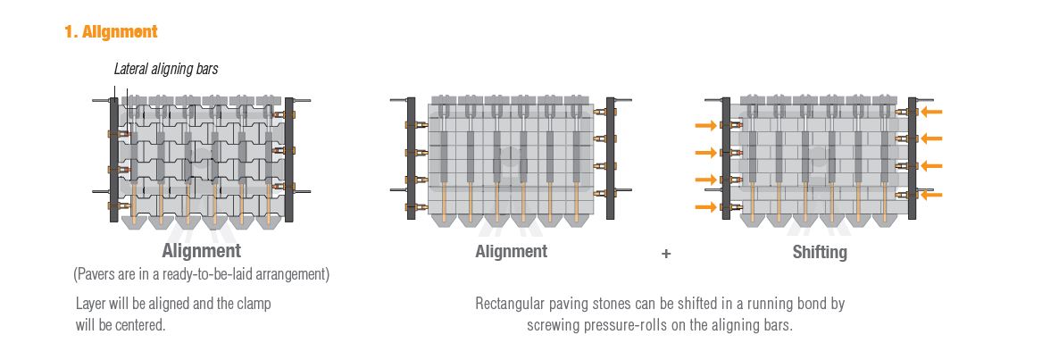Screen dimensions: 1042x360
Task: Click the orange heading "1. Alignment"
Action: click(111, 31)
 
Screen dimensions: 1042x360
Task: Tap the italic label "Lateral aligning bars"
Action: click(166, 69)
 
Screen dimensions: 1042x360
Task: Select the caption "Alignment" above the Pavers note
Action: click(202, 251)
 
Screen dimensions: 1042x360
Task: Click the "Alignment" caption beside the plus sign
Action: click(511, 252)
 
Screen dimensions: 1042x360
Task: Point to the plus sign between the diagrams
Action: click(666, 254)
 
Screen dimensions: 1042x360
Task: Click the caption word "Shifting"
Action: click(820, 252)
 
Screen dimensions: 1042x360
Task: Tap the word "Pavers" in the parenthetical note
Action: click(97, 274)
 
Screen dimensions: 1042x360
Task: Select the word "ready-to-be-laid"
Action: click(212, 274)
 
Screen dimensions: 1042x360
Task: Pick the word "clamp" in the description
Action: click(254, 304)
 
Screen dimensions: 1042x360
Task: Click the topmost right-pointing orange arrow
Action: click(705, 125)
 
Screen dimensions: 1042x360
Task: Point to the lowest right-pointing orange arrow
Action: click(705, 207)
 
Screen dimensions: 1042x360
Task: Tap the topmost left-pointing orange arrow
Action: click(931, 112)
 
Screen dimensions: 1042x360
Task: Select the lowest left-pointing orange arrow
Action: click(931, 195)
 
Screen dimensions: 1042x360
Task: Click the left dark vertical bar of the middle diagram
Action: click(411, 158)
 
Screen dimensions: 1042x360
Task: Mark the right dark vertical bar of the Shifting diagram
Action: click(913, 158)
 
